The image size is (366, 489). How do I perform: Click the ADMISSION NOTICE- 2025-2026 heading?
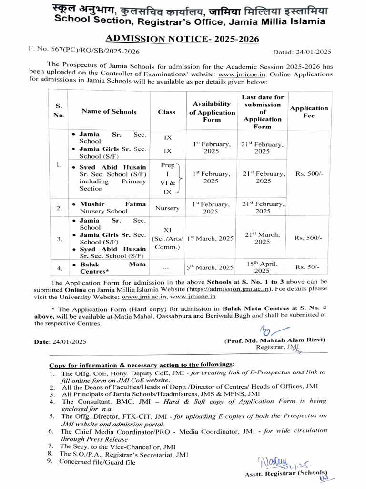(x=183, y=39)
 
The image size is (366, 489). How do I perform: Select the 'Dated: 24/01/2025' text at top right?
(x=302, y=52)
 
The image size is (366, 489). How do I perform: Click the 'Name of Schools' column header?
(x=109, y=112)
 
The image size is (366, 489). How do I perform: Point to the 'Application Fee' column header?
(x=309, y=112)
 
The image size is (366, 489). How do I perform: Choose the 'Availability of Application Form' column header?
(x=212, y=112)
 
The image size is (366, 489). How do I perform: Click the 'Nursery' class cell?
(x=167, y=208)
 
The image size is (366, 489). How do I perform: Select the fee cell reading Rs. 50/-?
(x=308, y=267)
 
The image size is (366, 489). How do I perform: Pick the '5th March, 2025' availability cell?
(x=210, y=267)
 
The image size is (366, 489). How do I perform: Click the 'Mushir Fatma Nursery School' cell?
(x=109, y=207)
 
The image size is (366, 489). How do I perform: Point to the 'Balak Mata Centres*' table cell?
(x=109, y=267)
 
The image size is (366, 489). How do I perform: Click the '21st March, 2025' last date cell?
(x=262, y=238)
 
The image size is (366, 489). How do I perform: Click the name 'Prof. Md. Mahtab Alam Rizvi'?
(x=274, y=340)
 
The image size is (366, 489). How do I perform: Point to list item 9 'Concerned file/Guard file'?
(x=97, y=462)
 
